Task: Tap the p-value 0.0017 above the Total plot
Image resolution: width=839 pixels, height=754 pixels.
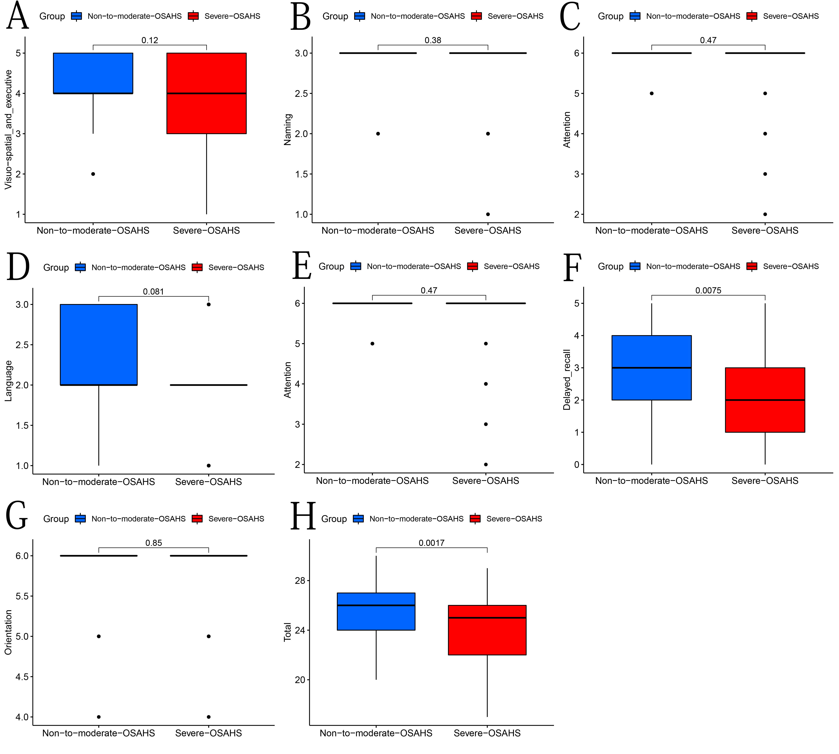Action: coord(431,543)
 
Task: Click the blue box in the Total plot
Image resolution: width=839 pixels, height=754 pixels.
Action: coord(376,612)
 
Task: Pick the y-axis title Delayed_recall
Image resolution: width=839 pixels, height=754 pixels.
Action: coord(567,380)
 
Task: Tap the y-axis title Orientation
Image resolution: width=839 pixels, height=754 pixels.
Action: coord(8,632)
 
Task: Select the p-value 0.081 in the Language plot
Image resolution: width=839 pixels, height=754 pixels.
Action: coord(153,292)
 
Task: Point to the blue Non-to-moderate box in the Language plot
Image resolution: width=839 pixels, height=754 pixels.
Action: coord(99,345)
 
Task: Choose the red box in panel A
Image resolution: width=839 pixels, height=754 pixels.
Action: coord(206,93)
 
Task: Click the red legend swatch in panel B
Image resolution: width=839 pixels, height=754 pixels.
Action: coord(476,16)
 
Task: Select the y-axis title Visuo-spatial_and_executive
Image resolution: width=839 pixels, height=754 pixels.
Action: coord(8,130)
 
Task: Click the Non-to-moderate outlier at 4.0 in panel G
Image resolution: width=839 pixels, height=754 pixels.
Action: coord(99,717)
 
